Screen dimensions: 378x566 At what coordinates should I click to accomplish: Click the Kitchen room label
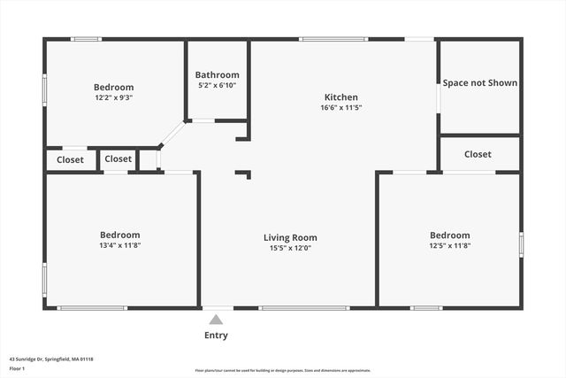click(340, 97)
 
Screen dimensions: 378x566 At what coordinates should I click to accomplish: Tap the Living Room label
click(290, 237)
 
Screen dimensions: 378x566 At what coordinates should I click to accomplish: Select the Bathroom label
click(218, 75)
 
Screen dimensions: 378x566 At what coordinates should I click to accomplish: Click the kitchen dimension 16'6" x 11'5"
click(341, 108)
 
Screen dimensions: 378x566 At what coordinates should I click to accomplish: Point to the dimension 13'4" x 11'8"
click(120, 245)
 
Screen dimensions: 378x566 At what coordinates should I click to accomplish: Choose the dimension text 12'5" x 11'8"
click(449, 245)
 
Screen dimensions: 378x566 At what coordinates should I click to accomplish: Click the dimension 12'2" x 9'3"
click(114, 98)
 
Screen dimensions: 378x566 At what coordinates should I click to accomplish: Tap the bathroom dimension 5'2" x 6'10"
click(218, 86)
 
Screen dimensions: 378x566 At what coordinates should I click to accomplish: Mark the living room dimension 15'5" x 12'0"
click(290, 248)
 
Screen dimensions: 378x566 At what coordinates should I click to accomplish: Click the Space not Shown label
click(480, 83)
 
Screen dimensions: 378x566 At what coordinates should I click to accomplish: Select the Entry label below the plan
click(216, 336)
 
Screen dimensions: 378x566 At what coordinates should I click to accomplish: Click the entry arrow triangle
click(216, 317)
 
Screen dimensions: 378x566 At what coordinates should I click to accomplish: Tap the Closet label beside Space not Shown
click(478, 154)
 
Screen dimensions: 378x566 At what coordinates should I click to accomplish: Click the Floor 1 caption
click(17, 368)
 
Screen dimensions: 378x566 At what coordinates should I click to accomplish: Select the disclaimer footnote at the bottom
click(283, 371)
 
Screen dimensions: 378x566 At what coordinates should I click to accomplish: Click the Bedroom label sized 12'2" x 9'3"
click(114, 87)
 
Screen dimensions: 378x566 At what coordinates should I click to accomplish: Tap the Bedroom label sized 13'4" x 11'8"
click(120, 235)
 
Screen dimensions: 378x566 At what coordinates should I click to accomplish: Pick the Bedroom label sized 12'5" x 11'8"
click(449, 235)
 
